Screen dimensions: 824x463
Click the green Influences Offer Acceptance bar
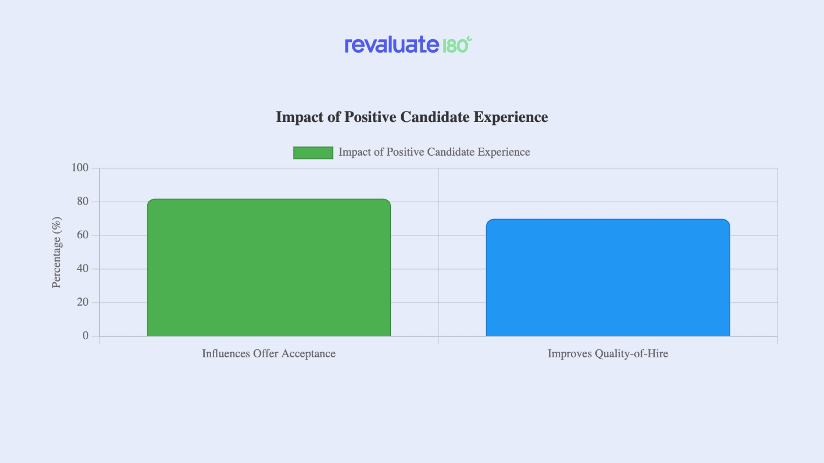269,268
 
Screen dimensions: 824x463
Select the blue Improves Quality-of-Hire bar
608,278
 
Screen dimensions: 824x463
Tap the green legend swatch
313,153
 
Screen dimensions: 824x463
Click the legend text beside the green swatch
434,152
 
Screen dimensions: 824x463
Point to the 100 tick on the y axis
80,168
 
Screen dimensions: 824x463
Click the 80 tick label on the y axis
82,201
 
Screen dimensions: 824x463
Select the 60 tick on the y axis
82,235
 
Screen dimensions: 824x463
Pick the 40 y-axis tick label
82,269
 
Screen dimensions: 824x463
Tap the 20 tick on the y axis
82,302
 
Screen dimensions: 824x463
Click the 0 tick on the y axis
85,336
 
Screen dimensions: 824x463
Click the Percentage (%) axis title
57,252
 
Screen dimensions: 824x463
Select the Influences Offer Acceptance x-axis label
269,354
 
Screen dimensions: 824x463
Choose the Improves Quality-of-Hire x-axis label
608,354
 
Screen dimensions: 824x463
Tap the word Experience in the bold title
511,117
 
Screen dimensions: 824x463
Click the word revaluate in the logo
392,45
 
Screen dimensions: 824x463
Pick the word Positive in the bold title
370,117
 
